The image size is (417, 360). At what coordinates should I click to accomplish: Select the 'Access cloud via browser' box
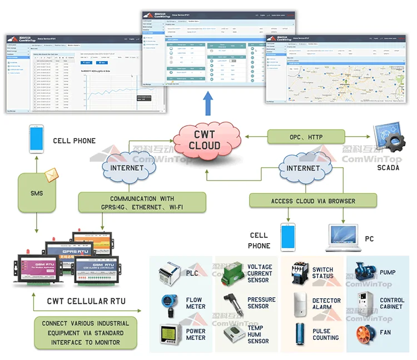tap(313, 201)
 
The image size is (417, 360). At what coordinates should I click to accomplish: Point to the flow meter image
tap(170, 303)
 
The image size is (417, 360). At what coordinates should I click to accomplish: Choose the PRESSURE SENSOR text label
tap(261, 303)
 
